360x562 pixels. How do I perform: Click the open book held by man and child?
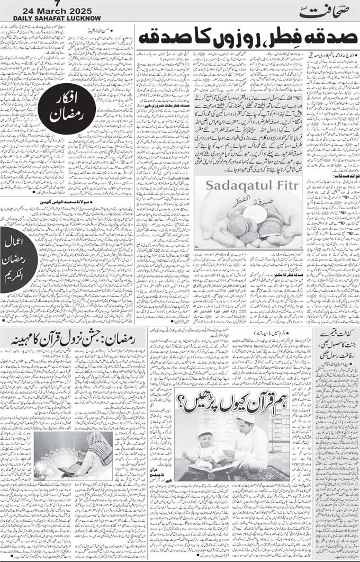217,465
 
